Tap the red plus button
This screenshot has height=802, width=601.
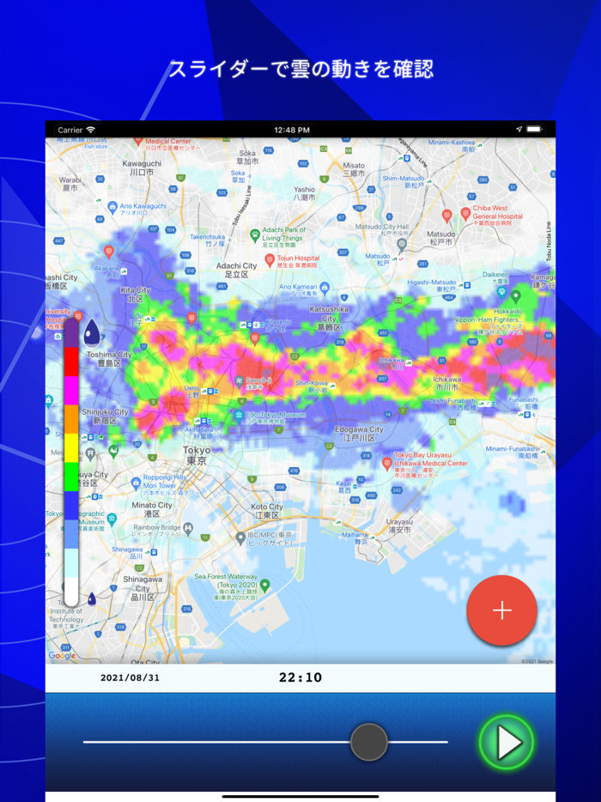502,611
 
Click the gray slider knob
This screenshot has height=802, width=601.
369,742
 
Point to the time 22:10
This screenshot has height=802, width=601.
300,677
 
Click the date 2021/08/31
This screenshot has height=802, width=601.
131,677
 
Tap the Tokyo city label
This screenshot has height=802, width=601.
196,455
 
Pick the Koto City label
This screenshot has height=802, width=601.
267,511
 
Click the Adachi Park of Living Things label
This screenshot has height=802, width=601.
283,234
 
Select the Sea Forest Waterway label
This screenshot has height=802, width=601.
226,581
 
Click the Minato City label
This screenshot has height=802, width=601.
152,509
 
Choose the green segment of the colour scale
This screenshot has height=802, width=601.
71,476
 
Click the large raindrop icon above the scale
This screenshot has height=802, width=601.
91,331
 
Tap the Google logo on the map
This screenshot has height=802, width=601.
62,656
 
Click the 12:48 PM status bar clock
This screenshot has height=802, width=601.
292,130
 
